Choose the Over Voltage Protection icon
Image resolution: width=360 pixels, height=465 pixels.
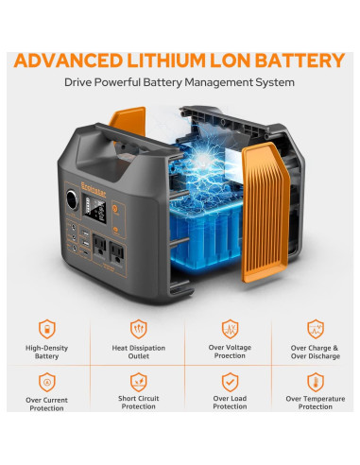(229, 329)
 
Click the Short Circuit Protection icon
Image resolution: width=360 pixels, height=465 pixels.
(138, 382)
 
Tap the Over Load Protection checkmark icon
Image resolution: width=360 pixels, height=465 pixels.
(229, 382)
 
